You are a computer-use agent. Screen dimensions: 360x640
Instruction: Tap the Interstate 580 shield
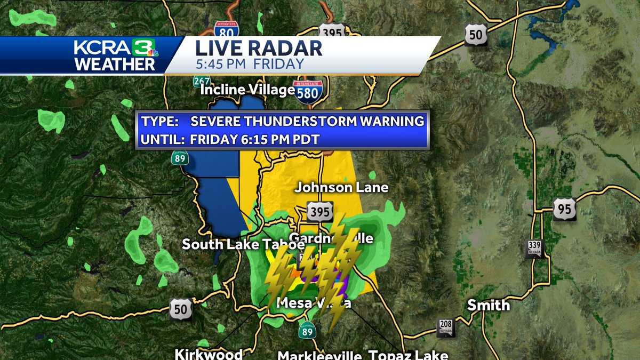308,92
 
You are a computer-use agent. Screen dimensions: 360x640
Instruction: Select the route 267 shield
202,81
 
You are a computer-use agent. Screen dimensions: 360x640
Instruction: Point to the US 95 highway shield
564,209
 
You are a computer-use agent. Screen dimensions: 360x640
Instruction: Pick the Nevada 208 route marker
446,327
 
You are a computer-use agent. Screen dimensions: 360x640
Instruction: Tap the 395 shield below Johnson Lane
319,212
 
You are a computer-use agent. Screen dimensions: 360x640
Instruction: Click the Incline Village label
247,90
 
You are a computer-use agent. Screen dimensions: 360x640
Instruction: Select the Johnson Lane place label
341,187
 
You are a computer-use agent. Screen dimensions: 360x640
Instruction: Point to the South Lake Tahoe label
243,244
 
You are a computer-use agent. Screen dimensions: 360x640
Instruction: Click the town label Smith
488,305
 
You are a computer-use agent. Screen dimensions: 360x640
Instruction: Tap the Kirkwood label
209,354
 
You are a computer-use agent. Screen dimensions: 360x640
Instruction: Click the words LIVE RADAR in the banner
259,48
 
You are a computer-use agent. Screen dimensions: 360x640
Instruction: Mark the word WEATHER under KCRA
115,64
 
